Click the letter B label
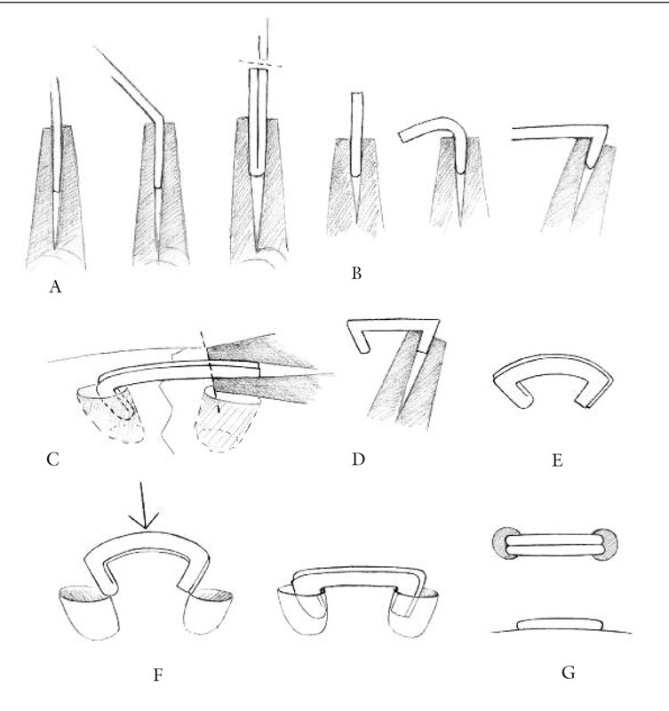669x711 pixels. point(356,274)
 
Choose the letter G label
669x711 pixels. point(568,672)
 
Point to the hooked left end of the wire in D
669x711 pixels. point(360,339)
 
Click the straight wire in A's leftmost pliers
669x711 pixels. point(55,133)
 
